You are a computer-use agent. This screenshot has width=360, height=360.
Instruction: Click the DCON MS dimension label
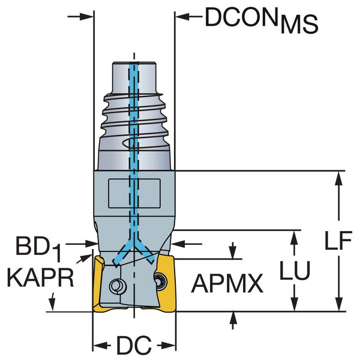pyautogui.click(x=260, y=22)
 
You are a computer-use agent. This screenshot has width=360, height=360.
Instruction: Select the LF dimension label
pyautogui.click(x=340, y=241)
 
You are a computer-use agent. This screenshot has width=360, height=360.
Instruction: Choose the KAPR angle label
pyautogui.click(x=40, y=277)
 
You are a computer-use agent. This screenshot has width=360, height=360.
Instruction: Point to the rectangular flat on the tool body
pyautogui.click(x=134, y=193)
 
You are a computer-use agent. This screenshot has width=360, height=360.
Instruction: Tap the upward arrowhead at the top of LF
pyautogui.click(x=340, y=178)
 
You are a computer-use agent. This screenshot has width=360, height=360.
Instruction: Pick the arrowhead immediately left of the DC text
pyautogui.click(x=100, y=346)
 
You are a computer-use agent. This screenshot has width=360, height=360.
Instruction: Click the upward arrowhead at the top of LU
pyautogui.click(x=294, y=236)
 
